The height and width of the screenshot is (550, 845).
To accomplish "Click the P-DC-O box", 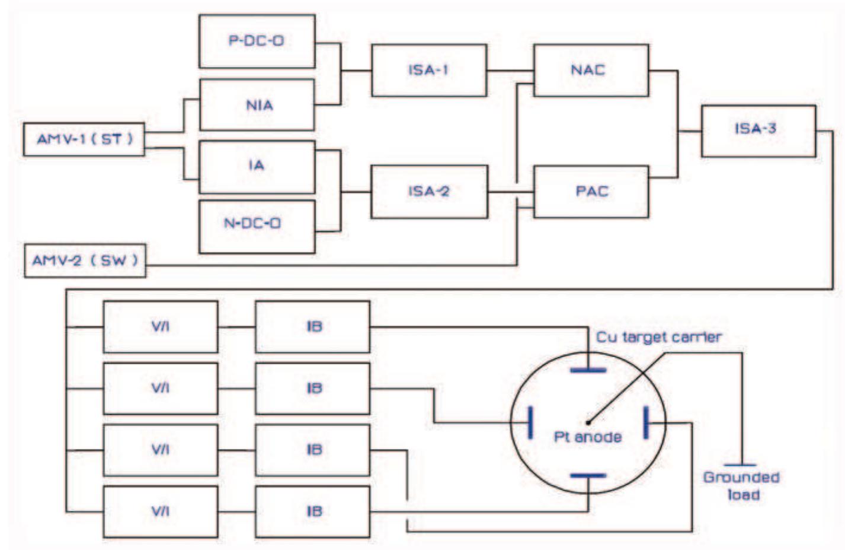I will pos(257,41).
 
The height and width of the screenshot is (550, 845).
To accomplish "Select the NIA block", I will pos(257,105).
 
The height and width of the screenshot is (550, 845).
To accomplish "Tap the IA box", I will pos(257,166).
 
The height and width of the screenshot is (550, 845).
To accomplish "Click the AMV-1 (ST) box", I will pos(84,139).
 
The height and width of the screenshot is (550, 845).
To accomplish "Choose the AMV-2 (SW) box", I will pos(85,260).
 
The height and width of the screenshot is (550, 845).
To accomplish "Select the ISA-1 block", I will pos(429,69).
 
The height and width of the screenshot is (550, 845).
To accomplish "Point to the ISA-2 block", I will pos(429,191).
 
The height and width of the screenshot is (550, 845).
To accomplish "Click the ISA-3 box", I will pos(758,130).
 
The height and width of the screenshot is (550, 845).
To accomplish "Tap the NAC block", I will pos(591,69).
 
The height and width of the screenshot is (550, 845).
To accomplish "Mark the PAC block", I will pos(591,191).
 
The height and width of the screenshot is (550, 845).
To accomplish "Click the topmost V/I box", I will pos(160,326).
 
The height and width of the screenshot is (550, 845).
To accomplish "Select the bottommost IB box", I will pos(312,511).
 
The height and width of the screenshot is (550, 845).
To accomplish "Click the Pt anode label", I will pos(587,437).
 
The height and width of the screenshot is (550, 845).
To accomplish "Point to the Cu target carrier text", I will pos(658,337).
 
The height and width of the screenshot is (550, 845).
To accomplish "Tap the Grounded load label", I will pos(741,485).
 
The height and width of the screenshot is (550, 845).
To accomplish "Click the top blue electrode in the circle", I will pos(588,370).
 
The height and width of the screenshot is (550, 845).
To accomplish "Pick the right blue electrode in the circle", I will pos(646,422).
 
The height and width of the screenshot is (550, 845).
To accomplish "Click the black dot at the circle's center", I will pos(587,423).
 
